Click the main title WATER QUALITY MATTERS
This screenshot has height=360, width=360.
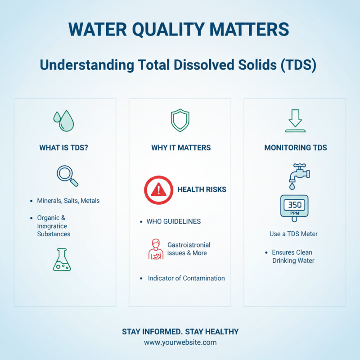179,29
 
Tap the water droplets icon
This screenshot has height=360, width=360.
64,120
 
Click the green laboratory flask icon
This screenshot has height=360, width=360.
62,260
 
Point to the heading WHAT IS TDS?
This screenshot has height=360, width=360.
63,148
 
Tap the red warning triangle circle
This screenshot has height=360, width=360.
158,190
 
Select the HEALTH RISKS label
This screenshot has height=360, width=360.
202,189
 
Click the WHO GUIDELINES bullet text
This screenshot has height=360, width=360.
174,221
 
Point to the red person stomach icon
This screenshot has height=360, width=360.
155,249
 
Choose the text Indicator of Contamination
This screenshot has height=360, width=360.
186,278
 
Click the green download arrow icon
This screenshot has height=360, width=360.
295,121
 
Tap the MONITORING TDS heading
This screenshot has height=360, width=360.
295,148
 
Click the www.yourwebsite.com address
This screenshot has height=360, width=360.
180,342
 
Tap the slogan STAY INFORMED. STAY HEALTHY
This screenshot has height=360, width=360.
180,332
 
